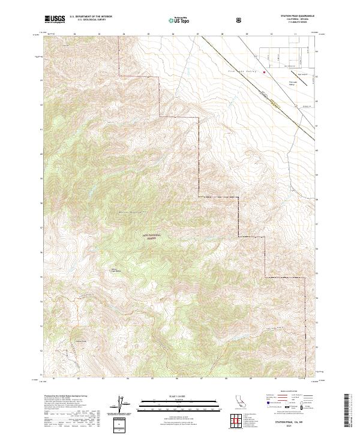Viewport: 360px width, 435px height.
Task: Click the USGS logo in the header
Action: point(55,19)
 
